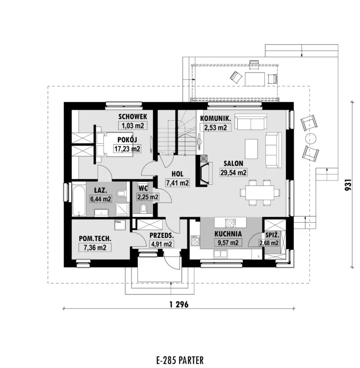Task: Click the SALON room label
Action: (233, 163)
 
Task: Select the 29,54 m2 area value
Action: (233, 173)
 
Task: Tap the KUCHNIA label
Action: (228, 234)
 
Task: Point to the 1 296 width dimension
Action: (179, 304)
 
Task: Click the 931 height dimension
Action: (348, 184)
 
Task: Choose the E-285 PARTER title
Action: (180, 360)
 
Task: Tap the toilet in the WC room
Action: (143, 209)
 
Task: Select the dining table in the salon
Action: (260, 193)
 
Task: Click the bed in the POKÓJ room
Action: (115, 144)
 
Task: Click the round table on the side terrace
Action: (311, 138)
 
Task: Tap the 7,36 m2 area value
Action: (95, 247)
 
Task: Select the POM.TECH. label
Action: (95, 238)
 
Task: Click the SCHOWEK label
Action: (133, 117)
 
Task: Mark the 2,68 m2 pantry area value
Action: (269, 243)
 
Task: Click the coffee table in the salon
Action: (252, 149)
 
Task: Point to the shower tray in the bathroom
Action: (123, 210)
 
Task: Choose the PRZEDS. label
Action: (161, 236)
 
